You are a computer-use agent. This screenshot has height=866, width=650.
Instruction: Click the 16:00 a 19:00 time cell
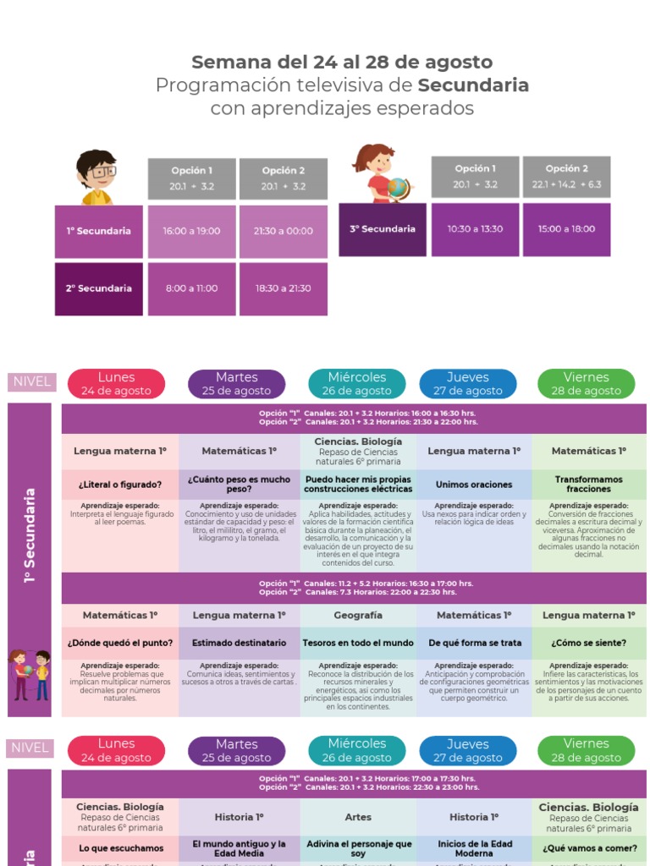tap(191, 231)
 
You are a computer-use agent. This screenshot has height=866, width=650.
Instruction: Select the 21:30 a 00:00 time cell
tap(284, 231)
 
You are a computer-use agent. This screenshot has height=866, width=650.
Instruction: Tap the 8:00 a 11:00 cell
tap(191, 288)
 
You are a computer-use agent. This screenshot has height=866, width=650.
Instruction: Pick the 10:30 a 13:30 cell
tap(475, 229)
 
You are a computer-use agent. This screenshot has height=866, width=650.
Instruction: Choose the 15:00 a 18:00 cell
tap(566, 229)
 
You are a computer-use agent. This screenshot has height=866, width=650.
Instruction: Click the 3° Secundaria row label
tap(383, 229)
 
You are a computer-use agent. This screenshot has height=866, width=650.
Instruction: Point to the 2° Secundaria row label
tap(99, 288)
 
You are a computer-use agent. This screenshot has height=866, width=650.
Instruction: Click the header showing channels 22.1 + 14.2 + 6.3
tap(566, 177)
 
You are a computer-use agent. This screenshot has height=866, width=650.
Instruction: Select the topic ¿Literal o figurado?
tap(119, 485)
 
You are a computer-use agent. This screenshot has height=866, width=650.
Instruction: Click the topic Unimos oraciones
tap(474, 485)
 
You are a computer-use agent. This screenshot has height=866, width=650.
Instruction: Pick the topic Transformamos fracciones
tap(589, 484)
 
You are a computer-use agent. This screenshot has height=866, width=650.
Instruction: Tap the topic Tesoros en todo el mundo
tap(358, 643)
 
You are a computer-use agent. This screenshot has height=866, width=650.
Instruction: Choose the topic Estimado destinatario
tap(239, 643)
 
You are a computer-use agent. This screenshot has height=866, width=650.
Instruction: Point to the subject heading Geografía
tap(358, 616)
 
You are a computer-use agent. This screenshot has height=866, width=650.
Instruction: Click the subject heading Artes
tap(358, 817)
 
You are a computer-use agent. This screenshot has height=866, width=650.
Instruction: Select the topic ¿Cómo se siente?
tap(589, 643)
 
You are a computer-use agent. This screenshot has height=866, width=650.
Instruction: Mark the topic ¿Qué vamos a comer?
tap(589, 847)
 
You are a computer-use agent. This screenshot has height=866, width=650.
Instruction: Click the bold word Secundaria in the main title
tap(473, 85)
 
